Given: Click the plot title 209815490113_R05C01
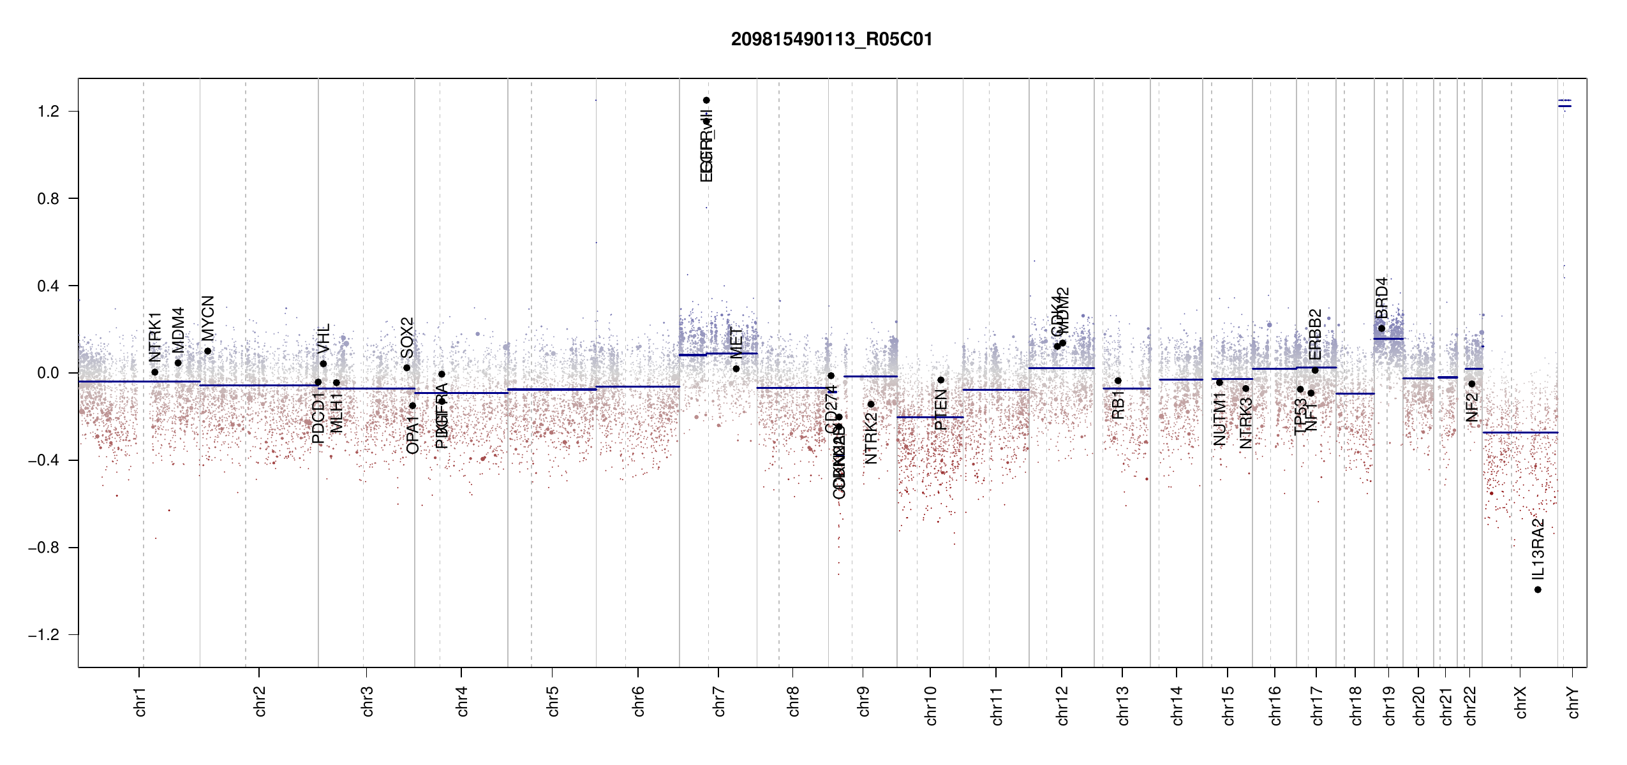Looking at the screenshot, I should [x=831, y=40].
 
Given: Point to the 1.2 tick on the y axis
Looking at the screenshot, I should [x=48, y=112].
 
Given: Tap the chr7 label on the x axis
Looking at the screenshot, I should [x=719, y=702].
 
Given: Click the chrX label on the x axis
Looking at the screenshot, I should [x=1520, y=702].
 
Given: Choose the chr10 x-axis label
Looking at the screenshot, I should [x=931, y=706].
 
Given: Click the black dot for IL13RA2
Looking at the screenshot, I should [x=1538, y=590].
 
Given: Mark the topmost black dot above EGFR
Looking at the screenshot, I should [x=706, y=100].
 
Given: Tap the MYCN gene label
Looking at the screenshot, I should [x=208, y=318].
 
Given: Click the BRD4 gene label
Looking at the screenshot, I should [x=1382, y=298].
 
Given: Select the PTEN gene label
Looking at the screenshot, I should [x=940, y=409].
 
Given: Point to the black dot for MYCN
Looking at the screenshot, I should [x=207, y=351].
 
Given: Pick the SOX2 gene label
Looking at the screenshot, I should [x=407, y=338].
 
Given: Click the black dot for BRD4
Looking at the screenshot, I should [x=1381, y=328].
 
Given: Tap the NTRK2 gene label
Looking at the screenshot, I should [x=871, y=438].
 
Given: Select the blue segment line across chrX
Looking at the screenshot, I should [x=1520, y=433].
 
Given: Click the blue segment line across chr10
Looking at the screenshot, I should [x=930, y=417].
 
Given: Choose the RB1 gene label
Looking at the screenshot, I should [x=1118, y=405].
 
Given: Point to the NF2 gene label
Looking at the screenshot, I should [x=1472, y=407].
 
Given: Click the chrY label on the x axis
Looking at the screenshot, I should [x=1573, y=702].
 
